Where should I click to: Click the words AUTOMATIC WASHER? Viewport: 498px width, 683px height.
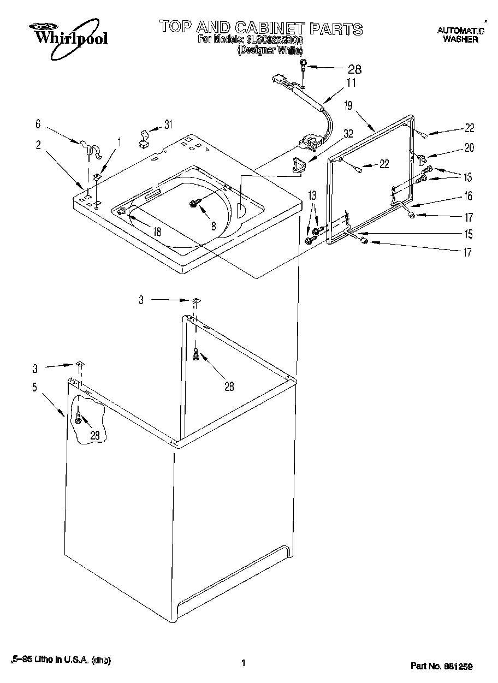[460, 35]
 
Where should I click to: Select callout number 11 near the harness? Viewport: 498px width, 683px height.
[351, 84]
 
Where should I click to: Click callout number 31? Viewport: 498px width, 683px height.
[168, 124]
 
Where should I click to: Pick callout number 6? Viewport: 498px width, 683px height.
[38, 124]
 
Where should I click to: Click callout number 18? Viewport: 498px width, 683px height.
[157, 231]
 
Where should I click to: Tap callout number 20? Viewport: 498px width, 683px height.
[469, 147]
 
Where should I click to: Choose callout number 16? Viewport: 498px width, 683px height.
[468, 196]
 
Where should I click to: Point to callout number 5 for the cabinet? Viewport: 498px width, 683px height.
[34, 388]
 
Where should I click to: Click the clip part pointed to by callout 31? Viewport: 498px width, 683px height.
[144, 138]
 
